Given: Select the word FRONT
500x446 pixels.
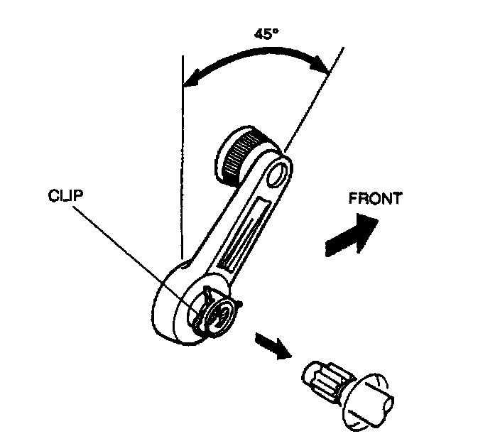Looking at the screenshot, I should (375, 199).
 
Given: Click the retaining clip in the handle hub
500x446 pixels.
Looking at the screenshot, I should (213, 306).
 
